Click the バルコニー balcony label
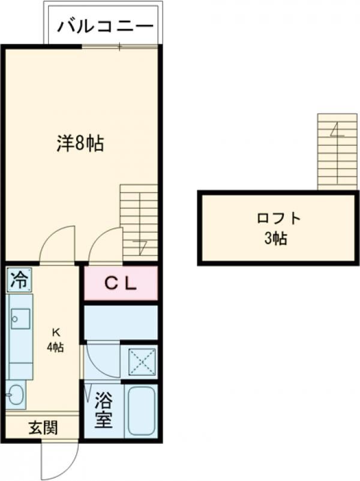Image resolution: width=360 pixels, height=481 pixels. click(106, 28)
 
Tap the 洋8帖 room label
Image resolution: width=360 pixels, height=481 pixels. click(80, 144)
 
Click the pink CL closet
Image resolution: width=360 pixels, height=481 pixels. click(121, 283)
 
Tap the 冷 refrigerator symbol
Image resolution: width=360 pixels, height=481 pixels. click(19, 279)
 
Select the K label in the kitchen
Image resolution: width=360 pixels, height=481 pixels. click(55, 331)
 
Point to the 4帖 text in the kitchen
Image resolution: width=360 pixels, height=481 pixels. click(56, 347)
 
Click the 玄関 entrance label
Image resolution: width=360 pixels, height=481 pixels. click(43, 428)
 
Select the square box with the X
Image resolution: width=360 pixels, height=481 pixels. click(142, 362)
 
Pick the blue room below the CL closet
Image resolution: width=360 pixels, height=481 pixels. click(121, 322)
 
